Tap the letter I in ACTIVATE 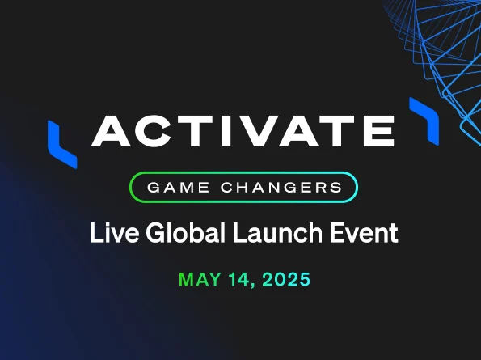[227, 131]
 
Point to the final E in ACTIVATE [378, 131]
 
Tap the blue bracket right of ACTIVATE [425, 120]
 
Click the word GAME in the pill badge [178, 187]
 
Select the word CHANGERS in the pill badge [281, 187]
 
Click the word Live [114, 232]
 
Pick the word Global [186, 232]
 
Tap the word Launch [277, 232]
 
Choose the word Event [364, 233]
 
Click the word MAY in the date [200, 279]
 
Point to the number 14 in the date [239, 279]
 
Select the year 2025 [286, 279]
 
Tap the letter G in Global [156, 232]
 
